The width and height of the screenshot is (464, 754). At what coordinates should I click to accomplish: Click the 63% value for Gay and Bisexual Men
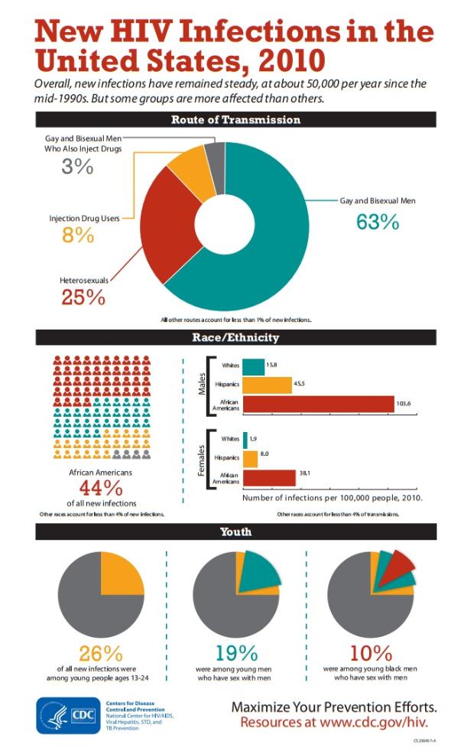378,222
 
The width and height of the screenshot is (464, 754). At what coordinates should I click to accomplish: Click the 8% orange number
78,236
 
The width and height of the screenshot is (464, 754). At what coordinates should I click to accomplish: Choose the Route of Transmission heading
235,120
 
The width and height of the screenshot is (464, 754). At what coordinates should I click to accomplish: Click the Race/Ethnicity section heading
235,337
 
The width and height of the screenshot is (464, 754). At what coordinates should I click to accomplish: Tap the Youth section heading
235,532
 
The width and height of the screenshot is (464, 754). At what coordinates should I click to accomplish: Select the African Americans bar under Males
318,404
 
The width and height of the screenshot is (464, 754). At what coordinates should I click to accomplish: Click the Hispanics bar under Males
267,385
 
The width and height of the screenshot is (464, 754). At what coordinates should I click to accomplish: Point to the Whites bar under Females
245,439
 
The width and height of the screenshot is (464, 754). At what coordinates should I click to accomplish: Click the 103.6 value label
407,404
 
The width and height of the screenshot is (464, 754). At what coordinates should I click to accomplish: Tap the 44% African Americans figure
102,488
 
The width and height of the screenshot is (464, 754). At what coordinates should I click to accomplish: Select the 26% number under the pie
101,654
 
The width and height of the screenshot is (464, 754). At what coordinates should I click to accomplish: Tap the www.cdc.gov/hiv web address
374,722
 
